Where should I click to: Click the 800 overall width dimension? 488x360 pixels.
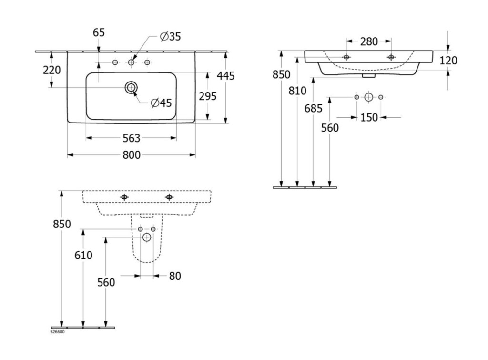[x=132, y=155]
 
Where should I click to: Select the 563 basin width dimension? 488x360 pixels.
[x=132, y=138]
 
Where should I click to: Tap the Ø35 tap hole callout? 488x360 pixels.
[x=171, y=36]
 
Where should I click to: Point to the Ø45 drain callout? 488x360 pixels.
[x=161, y=103]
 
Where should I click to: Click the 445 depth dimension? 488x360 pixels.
[x=225, y=75]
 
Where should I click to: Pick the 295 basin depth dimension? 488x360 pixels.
[x=207, y=96]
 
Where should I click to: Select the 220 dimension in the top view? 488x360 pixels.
[x=51, y=70]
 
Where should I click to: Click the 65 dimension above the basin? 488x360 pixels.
[x=99, y=33]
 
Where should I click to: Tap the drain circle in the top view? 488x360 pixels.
[x=131, y=87]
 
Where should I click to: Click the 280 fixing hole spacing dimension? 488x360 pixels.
[x=369, y=41]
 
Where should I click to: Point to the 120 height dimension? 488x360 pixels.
[x=448, y=61]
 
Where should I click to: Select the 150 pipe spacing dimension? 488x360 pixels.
[x=369, y=117]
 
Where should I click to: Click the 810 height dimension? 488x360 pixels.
[x=297, y=90]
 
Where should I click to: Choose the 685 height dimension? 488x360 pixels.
[x=313, y=108]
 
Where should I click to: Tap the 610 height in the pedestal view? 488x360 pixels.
[x=83, y=256]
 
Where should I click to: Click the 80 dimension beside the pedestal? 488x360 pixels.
[x=175, y=276]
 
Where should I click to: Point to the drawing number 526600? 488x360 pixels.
[x=57, y=332]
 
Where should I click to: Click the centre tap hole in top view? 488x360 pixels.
[x=131, y=62]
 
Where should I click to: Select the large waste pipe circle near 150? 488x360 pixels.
[x=368, y=97]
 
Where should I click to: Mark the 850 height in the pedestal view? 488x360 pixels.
[x=61, y=224]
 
